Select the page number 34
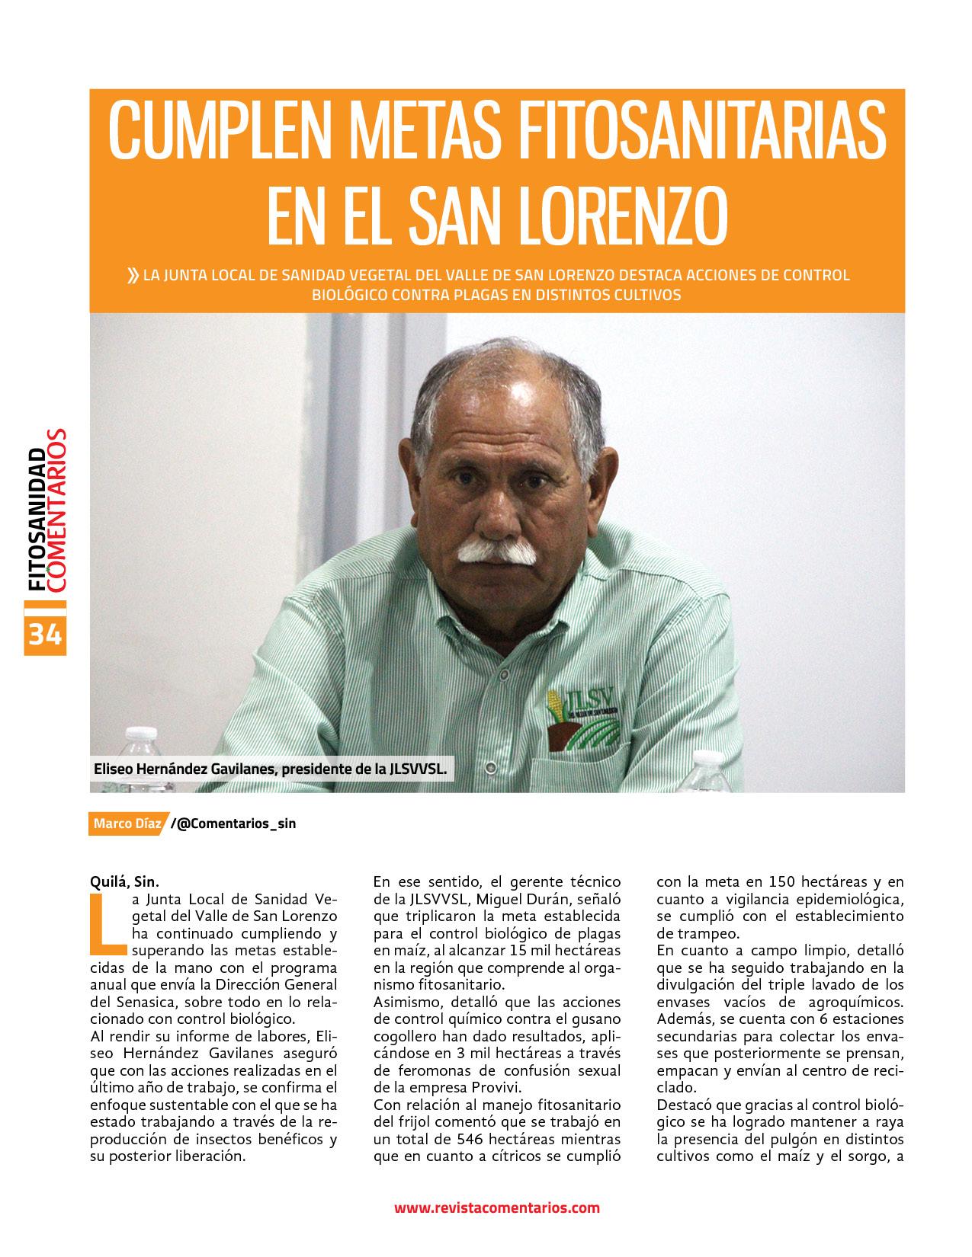[x=46, y=634]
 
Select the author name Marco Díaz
[x=122, y=824]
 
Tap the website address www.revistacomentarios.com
[x=496, y=1207]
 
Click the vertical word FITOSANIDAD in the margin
[x=35, y=518]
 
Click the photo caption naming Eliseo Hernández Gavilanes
[x=269, y=769]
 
